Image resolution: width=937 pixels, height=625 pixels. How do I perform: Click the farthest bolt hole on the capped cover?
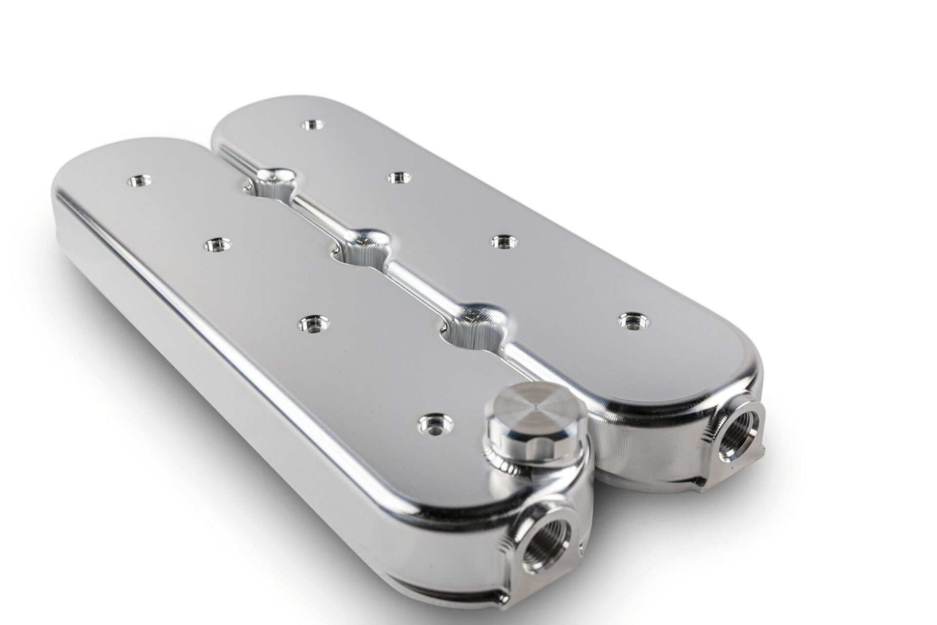pos(139,182)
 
